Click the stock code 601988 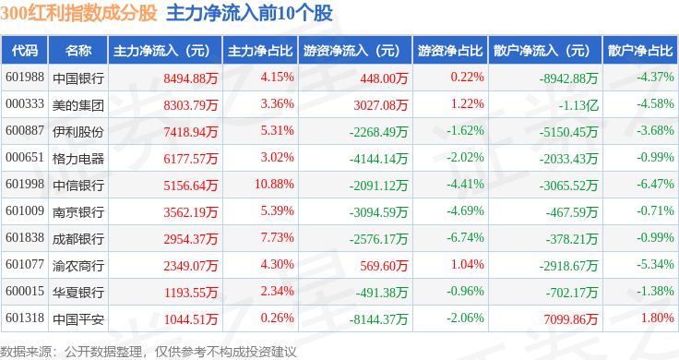25,78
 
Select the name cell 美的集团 77,105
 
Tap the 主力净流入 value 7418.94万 191,131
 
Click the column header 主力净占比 260,51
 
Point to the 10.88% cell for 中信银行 274,184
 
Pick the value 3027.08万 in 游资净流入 381,105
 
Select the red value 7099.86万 571,319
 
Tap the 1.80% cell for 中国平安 658,318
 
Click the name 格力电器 77,159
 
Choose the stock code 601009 25,211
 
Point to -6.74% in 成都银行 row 465,238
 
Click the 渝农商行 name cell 77,266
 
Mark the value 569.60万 384,266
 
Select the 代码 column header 25,51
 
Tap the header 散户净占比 640,51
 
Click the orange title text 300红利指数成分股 78,13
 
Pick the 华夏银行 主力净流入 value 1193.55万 191,293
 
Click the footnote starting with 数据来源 149,352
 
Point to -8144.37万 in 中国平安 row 378,319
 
